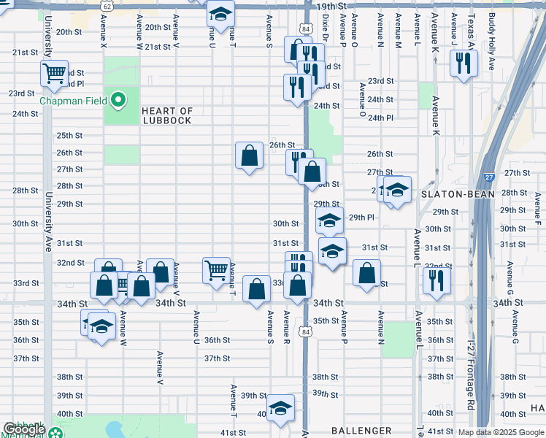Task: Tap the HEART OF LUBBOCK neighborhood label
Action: tap(167, 116)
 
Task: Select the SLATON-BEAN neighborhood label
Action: tap(458, 194)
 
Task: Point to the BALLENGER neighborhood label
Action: tap(357, 431)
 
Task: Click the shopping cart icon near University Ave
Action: tap(54, 73)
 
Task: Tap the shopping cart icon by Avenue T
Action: tap(216, 270)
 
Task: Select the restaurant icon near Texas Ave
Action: tap(463, 64)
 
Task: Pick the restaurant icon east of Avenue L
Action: tap(437, 280)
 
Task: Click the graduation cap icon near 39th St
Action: tap(279, 410)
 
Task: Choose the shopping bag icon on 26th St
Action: tap(249, 155)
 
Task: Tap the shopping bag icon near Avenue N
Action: tap(366, 273)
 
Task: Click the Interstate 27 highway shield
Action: tap(488, 176)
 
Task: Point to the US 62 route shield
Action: tap(108, 6)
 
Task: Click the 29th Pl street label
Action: tap(361, 218)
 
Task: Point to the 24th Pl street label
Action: tap(380, 118)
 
